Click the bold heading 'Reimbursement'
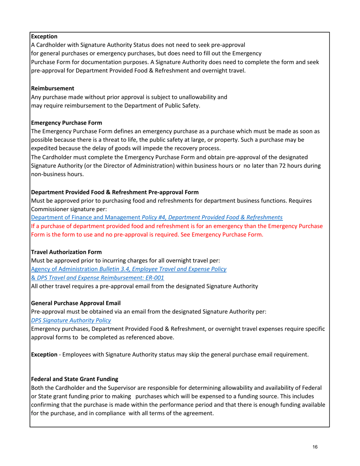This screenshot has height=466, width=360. point(52,88)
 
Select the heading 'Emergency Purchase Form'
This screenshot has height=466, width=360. point(66,123)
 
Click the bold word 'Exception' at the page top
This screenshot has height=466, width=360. point(44,37)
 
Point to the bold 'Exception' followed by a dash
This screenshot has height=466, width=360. point(45,355)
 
